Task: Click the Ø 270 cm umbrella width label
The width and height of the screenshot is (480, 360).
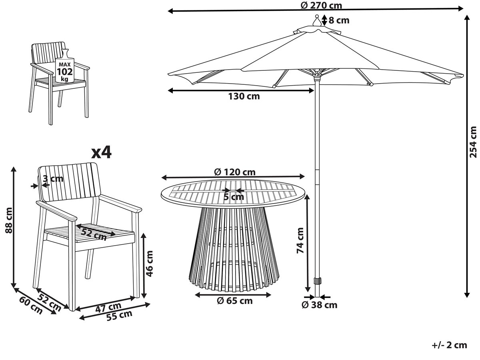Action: (321, 5)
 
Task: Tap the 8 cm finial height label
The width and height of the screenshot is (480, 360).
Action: (339, 20)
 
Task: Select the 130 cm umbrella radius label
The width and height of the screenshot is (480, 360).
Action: (244, 96)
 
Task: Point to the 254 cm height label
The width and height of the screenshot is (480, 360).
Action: (473, 142)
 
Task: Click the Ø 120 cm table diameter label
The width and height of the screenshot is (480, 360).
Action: (235, 172)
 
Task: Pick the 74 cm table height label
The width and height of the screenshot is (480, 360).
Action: (300, 240)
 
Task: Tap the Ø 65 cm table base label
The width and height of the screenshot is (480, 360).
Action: (235, 301)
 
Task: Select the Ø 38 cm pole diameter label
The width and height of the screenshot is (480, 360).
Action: (320, 305)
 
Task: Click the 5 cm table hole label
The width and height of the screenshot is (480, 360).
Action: (234, 197)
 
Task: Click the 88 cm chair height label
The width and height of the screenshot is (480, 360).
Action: (9, 220)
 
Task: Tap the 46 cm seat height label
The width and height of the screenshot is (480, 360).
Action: (149, 264)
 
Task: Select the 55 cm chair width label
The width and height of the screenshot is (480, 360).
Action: (119, 316)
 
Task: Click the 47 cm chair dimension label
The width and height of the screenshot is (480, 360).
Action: (108, 307)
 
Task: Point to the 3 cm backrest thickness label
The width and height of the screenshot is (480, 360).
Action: (53, 178)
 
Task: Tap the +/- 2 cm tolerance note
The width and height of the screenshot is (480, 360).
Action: (450, 345)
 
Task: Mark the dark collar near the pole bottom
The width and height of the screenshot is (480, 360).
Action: (317, 281)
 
